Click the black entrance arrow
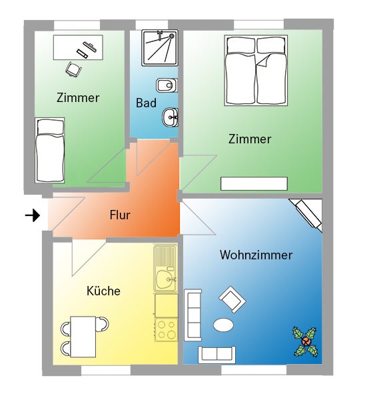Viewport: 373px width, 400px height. pos(33,215)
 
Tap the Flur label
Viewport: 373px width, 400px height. pos(120,215)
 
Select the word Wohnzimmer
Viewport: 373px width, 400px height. pos(256,255)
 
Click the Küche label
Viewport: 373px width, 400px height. pos(103,291)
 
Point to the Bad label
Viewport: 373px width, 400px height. pos(146,103)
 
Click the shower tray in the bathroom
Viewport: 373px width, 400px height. pos(160,48)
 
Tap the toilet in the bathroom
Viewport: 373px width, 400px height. pos(167,85)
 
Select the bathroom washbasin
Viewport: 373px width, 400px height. pos(170,117)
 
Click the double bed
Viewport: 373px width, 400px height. pos(256,71)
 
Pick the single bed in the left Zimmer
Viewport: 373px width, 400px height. pos(50,150)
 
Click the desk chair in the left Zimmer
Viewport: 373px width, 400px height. pos(74,69)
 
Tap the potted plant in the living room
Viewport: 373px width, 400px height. pos(306,341)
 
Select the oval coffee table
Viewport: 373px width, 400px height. pos(223,325)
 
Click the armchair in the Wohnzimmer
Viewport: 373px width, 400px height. pos(232,299)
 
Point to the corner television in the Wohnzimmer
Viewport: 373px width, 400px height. pos(307,215)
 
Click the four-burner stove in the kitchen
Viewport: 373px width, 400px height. pos(166,329)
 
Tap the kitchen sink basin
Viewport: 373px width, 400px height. pos(165,279)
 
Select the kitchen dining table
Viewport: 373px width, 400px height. pos(83,337)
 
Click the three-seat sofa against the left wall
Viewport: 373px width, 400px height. pos(192,315)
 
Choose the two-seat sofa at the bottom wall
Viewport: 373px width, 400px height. pos(216,355)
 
